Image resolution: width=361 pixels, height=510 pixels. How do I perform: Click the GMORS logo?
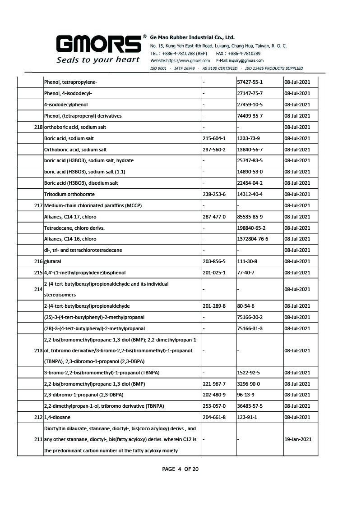(98, 44)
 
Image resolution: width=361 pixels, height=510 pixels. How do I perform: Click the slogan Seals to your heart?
(98, 59)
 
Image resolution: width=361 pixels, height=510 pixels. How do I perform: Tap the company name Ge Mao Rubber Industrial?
(192, 37)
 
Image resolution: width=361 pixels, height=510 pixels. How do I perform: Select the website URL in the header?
(180, 60)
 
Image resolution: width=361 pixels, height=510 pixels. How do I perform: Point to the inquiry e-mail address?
(240, 60)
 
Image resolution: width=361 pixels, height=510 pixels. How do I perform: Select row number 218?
(38, 127)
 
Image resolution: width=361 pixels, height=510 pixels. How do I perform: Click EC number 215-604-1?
(214, 138)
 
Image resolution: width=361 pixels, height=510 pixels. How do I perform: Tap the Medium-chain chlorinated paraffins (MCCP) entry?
(93, 205)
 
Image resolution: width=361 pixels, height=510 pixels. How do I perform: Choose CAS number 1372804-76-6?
(253, 239)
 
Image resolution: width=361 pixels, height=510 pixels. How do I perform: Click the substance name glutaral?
(53, 261)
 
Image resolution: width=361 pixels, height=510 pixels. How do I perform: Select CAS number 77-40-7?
(246, 273)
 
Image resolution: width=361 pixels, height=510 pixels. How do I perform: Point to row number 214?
(38, 289)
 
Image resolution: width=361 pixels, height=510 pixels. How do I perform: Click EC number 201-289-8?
(214, 306)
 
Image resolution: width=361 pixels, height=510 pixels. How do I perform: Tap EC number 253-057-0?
(214, 406)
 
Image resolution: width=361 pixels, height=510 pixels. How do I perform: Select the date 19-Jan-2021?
(298, 439)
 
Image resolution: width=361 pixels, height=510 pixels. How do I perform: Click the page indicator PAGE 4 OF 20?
(180, 469)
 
